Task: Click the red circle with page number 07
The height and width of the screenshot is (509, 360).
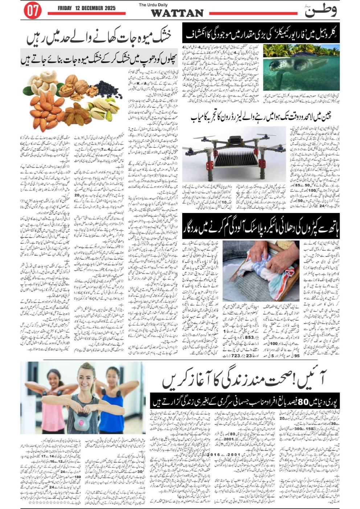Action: (33, 11)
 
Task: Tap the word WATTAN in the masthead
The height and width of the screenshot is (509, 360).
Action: (177, 13)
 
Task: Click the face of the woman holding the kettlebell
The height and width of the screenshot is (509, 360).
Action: (85, 379)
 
